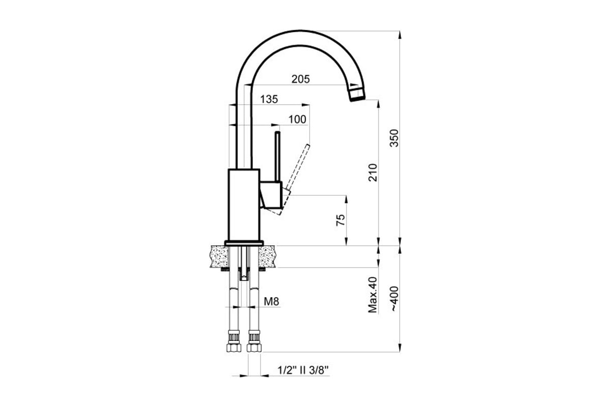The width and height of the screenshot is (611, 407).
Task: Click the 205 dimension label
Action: (300, 79)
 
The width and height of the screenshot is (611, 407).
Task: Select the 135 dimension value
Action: (269, 99)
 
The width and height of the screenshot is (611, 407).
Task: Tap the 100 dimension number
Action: (297, 120)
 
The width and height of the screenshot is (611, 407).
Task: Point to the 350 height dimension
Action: (394, 138)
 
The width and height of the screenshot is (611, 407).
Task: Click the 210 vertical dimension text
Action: (373, 172)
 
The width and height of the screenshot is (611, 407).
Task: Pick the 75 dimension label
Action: (341, 220)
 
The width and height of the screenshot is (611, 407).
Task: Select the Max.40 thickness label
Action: (373, 295)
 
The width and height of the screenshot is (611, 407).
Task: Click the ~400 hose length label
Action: (395, 299)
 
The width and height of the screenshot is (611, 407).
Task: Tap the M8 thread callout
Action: (271, 302)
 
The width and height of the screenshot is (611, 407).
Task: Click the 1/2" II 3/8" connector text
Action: (303, 370)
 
